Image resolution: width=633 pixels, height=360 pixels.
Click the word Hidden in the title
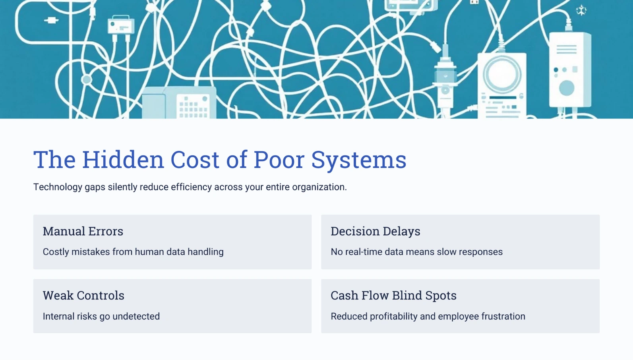coord(123,160)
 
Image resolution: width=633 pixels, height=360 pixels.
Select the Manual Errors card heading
coord(83,231)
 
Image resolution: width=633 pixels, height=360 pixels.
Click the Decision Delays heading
coord(375,231)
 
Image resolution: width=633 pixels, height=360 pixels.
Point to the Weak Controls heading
coord(83,296)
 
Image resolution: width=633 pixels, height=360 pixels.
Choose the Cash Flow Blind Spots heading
coord(393,296)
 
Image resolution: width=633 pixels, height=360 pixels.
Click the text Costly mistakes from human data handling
coord(133,252)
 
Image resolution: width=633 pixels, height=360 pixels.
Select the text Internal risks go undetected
coord(101,316)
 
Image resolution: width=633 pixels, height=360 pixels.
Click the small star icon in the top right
coord(581,11)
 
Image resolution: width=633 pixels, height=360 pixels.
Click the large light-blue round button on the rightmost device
coord(566,88)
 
